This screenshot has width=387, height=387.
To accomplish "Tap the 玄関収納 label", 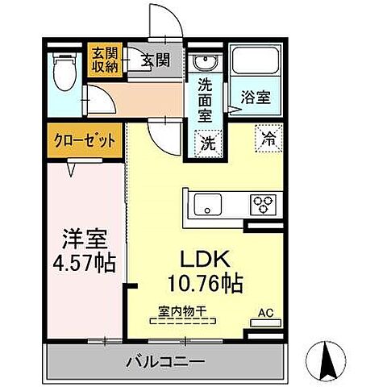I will tap(103, 60).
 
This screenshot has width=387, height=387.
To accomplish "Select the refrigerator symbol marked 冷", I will tap(268, 139).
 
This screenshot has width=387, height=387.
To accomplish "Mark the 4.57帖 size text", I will tap(85, 262).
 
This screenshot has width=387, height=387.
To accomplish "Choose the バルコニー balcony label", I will tap(164, 361).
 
